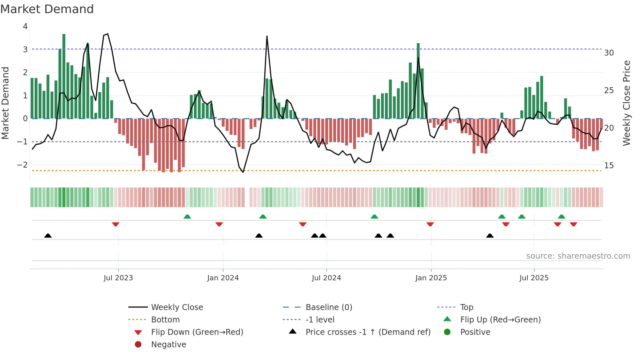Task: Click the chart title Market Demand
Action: coord(47,9)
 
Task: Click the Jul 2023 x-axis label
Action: coord(118,278)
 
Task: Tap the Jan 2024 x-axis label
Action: coord(223,278)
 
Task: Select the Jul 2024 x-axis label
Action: coord(326,278)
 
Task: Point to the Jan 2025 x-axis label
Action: coord(431,278)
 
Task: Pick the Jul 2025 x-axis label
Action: coord(534,278)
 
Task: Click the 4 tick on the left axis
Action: coord(25,26)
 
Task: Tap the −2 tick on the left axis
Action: coord(22,165)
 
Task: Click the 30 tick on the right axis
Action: coord(609,53)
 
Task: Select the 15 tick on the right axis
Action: coord(609,166)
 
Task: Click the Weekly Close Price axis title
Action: coord(626,103)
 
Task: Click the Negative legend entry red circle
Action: coord(138,345)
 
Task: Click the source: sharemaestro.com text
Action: coord(578,256)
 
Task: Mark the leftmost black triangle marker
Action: coord(48,236)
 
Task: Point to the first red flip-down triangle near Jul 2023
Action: coord(116,224)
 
